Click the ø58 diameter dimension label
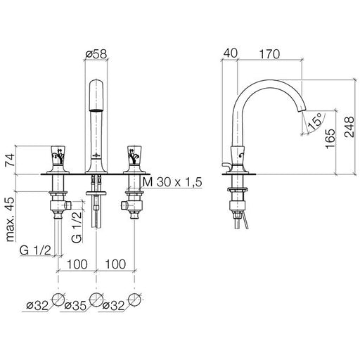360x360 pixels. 96,54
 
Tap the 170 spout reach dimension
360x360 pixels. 269,54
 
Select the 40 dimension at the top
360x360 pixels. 230,53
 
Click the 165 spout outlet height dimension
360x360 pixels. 330,139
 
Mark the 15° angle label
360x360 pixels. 315,121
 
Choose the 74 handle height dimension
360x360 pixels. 11,160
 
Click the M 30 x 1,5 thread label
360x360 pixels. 172,182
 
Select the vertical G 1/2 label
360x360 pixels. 77,227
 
